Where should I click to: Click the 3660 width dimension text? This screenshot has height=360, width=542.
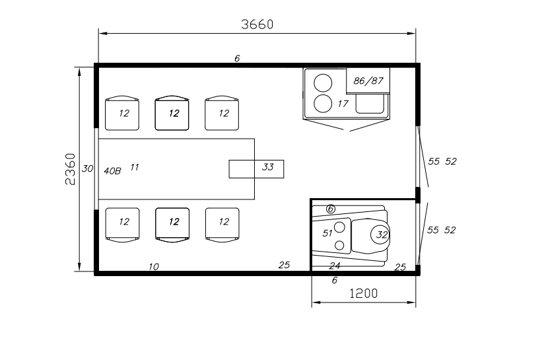click(257, 24)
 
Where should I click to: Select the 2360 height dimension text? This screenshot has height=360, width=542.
click(70, 169)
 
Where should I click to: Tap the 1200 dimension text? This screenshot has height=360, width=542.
click(364, 293)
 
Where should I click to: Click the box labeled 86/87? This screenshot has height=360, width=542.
click(368, 81)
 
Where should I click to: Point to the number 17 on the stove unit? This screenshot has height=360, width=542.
click(343, 104)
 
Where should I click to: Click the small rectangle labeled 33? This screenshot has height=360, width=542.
click(257, 169)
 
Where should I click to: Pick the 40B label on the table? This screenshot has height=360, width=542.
click(112, 171)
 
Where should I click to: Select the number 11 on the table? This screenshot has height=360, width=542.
click(135, 167)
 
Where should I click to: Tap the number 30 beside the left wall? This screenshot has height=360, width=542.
click(87, 168)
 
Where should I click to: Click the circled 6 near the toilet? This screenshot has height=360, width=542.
click(331, 209)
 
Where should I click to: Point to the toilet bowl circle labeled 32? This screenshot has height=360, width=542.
click(380, 234)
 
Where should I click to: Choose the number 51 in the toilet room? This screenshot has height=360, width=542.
click(327, 233)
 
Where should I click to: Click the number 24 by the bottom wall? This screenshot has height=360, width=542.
click(335, 266)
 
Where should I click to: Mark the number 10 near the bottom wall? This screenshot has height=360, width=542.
click(154, 267)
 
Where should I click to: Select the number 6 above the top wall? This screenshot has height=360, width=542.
click(237, 58)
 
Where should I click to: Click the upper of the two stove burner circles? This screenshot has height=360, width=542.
click(323, 83)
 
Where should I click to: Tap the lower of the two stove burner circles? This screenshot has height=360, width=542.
click(323, 104)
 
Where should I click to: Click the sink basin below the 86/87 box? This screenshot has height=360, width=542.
click(370, 104)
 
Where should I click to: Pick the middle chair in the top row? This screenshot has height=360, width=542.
click(172, 113)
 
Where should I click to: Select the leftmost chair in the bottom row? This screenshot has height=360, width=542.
click(122, 225)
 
